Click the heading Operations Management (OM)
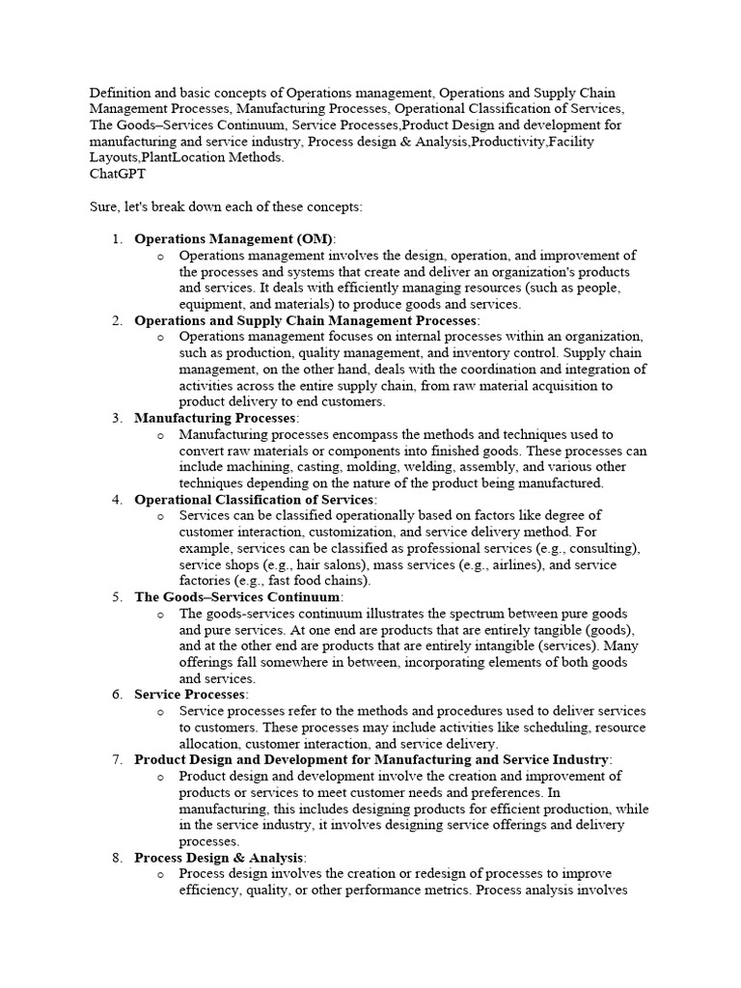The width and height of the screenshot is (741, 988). [x=233, y=238]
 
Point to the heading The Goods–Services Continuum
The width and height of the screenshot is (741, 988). [x=237, y=597]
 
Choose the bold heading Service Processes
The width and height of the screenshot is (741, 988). [x=191, y=695]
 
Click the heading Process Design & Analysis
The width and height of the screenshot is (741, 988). [x=220, y=858]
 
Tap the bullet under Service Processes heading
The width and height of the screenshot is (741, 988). [x=160, y=711]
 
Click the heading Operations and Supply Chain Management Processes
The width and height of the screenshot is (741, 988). [x=306, y=320]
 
